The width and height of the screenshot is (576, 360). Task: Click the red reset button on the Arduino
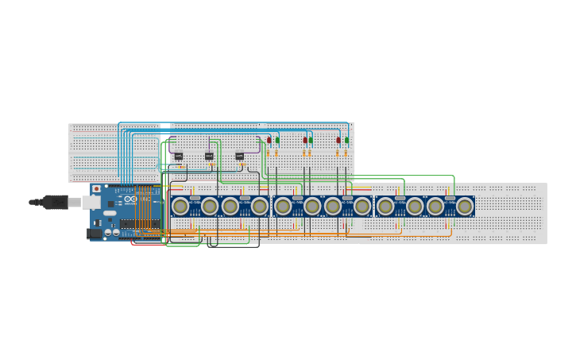click(x=97, y=189)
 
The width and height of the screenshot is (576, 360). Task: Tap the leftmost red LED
click(x=269, y=140)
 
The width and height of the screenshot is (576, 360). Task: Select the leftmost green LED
click(x=277, y=140)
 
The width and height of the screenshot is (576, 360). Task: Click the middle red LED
click(x=305, y=140)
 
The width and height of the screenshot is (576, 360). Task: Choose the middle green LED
click(x=311, y=140)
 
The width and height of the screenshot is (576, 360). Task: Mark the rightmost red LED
click(x=338, y=140)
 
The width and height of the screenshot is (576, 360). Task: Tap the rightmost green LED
click(x=346, y=140)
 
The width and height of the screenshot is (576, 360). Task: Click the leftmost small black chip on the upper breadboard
click(x=179, y=156)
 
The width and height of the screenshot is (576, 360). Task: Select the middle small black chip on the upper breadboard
click(x=209, y=156)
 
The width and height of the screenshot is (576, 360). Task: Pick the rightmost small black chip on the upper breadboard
click(x=239, y=156)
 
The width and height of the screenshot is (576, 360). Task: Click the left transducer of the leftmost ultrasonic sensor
click(x=180, y=207)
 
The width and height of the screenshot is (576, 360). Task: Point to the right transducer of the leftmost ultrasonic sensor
click(x=209, y=207)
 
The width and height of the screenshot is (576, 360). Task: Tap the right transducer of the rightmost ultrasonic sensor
click(x=465, y=207)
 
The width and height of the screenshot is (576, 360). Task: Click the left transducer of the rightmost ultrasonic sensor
click(x=435, y=207)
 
